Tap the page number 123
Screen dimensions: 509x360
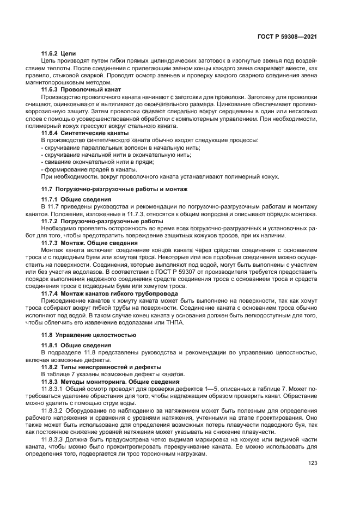[313, 463]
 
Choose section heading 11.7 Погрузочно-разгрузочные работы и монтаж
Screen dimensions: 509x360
[114, 189]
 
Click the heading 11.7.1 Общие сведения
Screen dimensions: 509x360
[71, 200]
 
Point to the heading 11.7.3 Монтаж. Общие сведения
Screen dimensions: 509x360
[89, 243]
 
